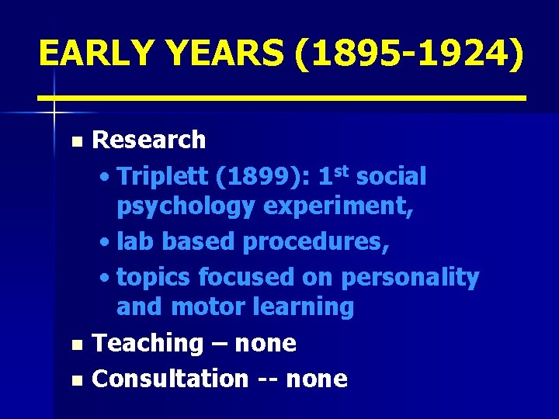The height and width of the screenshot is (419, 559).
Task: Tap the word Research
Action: point(149,140)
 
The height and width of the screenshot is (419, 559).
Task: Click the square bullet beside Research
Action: point(75,142)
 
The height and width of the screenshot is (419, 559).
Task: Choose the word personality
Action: point(410,277)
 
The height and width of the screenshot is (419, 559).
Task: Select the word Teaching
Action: point(147,343)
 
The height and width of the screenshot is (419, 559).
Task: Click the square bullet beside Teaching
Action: point(75,345)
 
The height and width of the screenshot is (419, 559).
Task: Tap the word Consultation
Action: point(170,379)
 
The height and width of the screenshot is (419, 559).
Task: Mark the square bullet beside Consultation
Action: point(75,380)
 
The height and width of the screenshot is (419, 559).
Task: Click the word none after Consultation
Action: point(317,379)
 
